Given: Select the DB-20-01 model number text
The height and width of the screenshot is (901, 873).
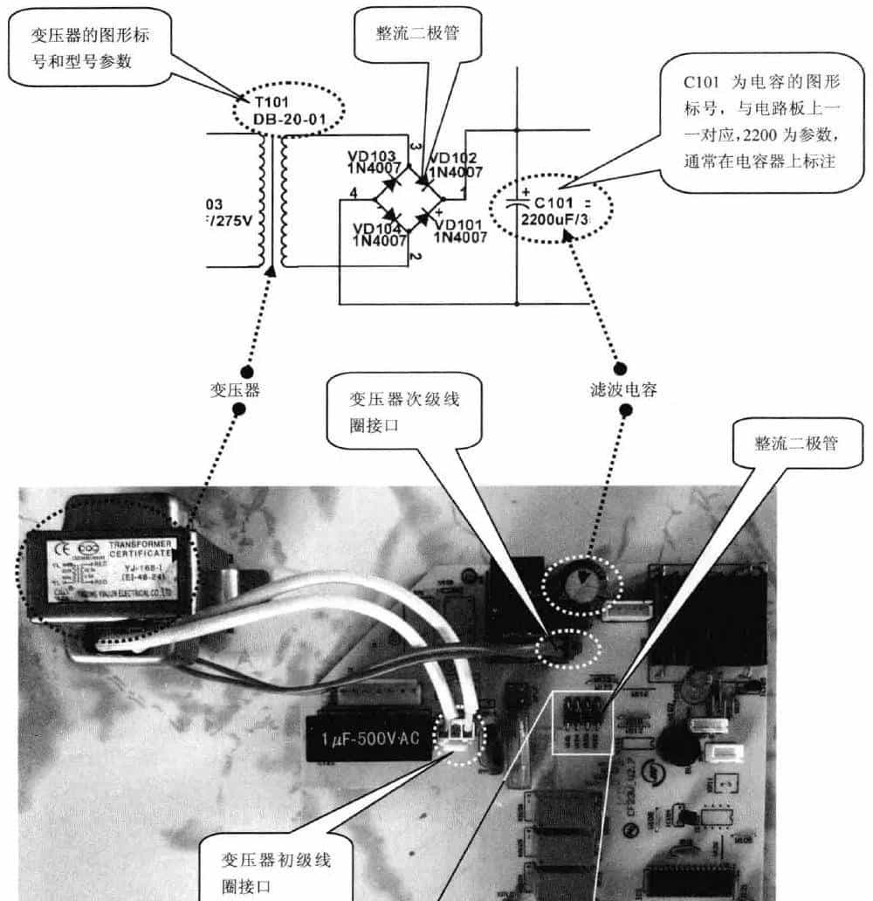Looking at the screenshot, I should pyautogui.click(x=288, y=118).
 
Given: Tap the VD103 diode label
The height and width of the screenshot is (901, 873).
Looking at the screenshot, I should pyautogui.click(x=372, y=155).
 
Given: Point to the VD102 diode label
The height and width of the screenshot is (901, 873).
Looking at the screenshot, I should pyautogui.click(x=454, y=158).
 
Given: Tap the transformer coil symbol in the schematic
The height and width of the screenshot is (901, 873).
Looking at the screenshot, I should pyautogui.click(x=272, y=203).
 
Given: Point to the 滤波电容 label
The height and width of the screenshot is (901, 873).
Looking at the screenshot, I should pyautogui.click(x=623, y=391).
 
